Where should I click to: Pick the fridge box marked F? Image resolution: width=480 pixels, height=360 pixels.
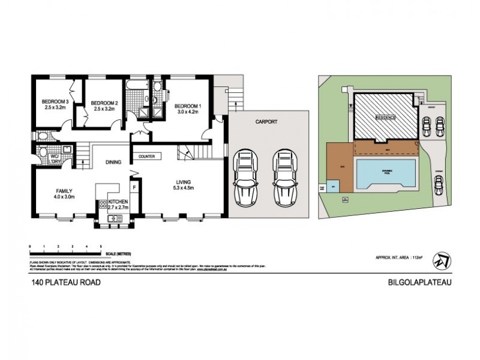134,187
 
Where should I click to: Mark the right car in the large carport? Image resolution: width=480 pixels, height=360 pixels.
286,176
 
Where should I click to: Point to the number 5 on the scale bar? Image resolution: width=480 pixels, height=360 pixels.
100,247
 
